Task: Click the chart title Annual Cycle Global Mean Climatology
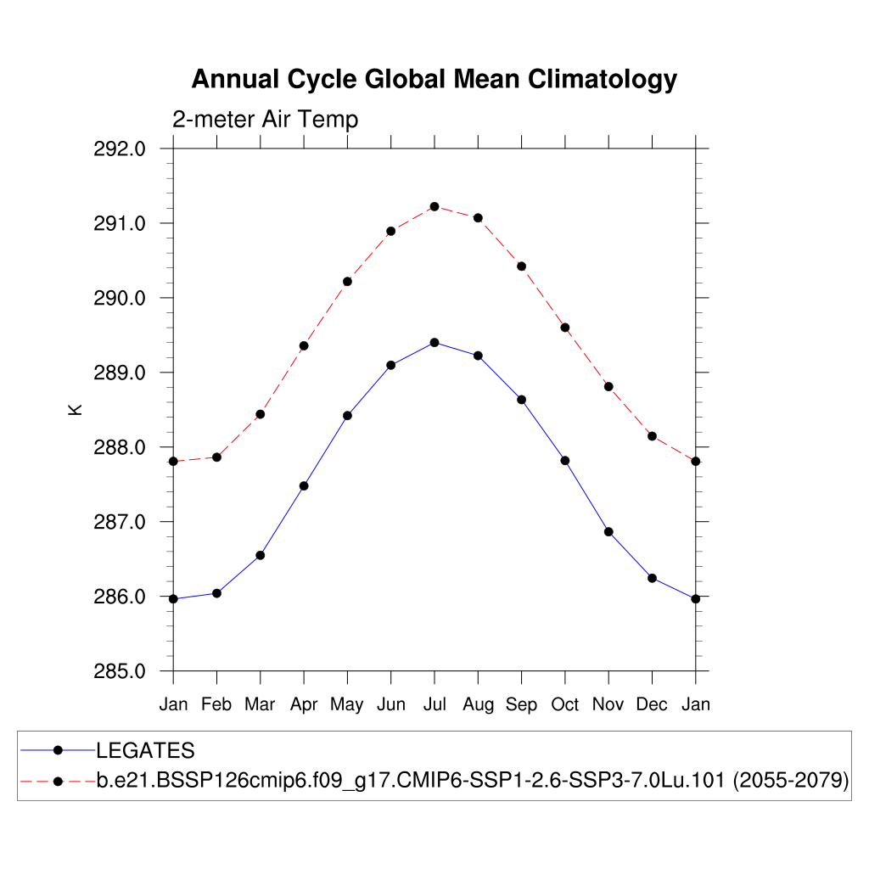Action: (x=434, y=79)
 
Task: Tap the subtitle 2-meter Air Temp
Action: (x=266, y=120)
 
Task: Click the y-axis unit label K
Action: (x=76, y=409)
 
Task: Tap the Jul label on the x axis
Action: (x=434, y=704)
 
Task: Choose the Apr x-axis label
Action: (x=304, y=705)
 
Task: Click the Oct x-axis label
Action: (x=565, y=704)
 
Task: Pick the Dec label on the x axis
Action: (x=652, y=704)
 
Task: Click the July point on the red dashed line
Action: (x=434, y=206)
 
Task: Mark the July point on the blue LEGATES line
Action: (x=434, y=342)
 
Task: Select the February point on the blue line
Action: (x=217, y=593)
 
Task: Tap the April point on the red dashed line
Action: (x=304, y=345)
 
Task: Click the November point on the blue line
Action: (x=608, y=531)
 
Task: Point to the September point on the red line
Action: (x=522, y=266)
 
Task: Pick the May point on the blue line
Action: (x=347, y=415)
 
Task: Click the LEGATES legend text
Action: (x=145, y=751)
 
